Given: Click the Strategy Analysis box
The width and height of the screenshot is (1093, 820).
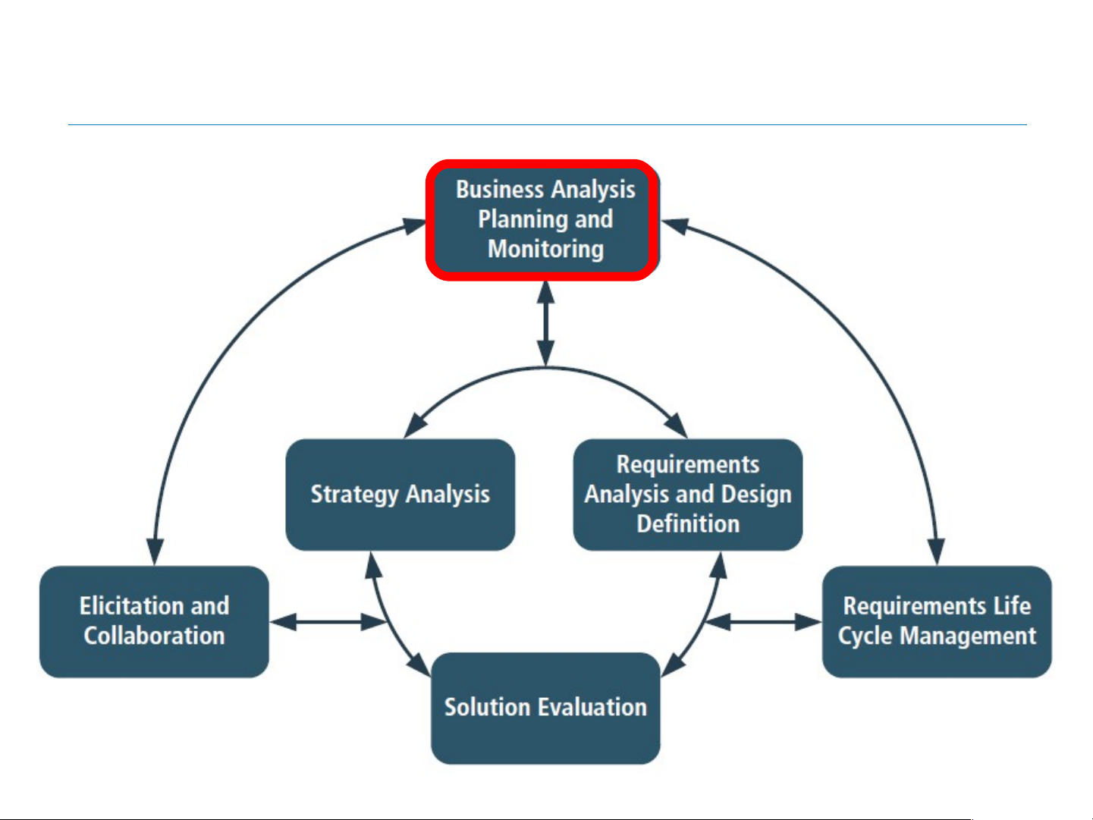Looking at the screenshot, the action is [x=400, y=495].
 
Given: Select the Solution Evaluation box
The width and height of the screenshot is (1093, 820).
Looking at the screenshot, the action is [x=545, y=708].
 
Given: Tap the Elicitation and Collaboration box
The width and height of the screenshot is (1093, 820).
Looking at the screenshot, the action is [x=155, y=621].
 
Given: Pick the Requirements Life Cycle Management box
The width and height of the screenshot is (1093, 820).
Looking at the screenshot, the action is [x=937, y=621].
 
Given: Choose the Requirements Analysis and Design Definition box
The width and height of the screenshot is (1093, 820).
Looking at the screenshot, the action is [x=688, y=495].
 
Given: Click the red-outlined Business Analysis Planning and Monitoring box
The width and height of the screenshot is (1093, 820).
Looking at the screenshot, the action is [x=542, y=220].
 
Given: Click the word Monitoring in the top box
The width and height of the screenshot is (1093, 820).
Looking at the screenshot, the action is [x=546, y=249].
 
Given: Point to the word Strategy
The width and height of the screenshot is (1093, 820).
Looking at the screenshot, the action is [x=354, y=495].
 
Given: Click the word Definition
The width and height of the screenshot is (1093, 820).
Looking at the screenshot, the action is [x=688, y=523].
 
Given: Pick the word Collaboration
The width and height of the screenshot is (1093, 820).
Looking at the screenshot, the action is [x=155, y=636].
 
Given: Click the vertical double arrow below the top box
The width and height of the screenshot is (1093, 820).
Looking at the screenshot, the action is [x=546, y=324].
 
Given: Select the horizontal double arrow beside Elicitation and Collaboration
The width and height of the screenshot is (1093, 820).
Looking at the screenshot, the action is [x=328, y=622].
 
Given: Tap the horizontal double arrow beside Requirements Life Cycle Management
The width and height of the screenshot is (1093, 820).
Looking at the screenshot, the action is [x=763, y=622].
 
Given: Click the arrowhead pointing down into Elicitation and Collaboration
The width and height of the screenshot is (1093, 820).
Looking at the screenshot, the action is [x=155, y=551].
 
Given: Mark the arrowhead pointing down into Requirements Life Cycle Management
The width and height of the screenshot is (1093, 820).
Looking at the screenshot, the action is [x=936, y=551].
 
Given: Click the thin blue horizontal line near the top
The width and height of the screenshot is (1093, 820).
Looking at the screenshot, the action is [x=547, y=124].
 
